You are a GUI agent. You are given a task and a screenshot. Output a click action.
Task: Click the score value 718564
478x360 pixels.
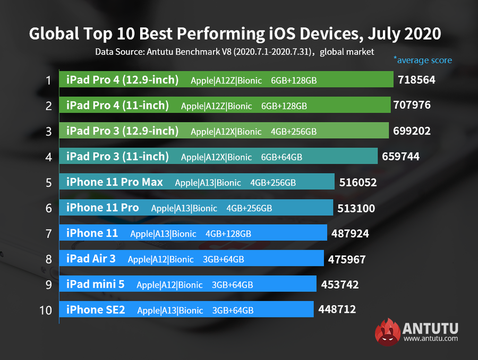pyautogui.click(x=416, y=80)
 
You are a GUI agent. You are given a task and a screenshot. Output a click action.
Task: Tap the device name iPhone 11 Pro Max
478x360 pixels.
pyautogui.click(x=114, y=182)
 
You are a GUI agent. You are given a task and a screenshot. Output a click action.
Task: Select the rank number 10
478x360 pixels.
pyautogui.click(x=46, y=310)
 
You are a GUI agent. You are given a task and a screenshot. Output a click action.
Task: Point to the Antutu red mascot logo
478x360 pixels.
pyautogui.click(x=387, y=332)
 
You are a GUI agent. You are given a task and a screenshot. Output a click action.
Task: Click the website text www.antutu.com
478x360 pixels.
pyautogui.click(x=430, y=338)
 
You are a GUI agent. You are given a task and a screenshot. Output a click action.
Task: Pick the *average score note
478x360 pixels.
pyautogui.click(x=422, y=60)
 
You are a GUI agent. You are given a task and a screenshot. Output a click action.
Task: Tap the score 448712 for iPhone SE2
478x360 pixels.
pyautogui.click(x=337, y=309)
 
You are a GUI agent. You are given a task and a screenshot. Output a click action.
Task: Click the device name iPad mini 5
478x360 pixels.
pyautogui.click(x=95, y=284)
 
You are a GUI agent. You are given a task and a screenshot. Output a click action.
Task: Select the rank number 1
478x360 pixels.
pyautogui.click(x=48, y=81)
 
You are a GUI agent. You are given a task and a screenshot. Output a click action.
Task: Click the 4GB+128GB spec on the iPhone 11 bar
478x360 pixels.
pyautogui.click(x=228, y=234)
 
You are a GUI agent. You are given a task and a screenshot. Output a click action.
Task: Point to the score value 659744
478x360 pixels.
pyautogui.click(x=401, y=157)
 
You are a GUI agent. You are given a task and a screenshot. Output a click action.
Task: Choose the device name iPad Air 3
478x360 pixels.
pyautogui.click(x=91, y=259)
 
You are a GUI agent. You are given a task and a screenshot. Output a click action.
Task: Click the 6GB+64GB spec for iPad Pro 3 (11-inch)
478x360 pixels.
pyautogui.click(x=281, y=157)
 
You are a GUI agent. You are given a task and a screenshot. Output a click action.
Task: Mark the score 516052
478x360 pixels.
pyautogui.click(x=358, y=183)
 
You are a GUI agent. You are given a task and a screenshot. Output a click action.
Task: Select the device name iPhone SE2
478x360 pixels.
pyautogui.click(x=96, y=310)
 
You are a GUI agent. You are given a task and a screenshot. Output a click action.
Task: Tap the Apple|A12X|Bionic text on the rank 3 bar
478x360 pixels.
pyautogui.click(x=226, y=132)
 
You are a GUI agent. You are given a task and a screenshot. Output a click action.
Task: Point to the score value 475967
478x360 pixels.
pyautogui.click(x=347, y=260)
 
